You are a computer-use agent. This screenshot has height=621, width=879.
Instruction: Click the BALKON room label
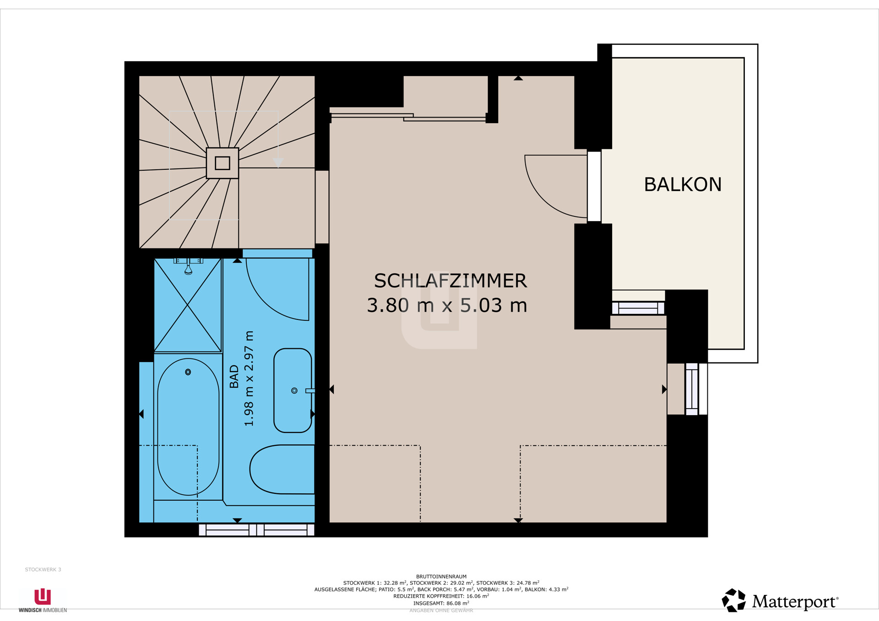[x=683, y=184]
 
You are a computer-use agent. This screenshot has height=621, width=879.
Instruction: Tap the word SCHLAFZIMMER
[x=450, y=281]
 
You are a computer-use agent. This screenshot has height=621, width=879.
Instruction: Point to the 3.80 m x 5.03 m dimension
[x=447, y=305]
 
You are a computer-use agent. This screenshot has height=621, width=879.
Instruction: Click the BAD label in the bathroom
[x=234, y=377]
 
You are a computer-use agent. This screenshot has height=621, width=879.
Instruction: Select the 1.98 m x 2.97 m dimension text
[x=249, y=378]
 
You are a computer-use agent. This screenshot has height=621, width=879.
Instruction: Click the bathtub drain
[x=188, y=372]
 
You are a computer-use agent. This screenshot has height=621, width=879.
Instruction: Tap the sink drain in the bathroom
[x=294, y=390]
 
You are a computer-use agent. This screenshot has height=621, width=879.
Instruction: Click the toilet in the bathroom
[x=282, y=470]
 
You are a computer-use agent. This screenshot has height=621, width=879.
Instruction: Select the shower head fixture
[x=188, y=267]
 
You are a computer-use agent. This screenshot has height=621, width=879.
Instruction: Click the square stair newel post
[x=222, y=163]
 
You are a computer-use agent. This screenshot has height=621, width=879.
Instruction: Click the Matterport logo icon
[x=733, y=600]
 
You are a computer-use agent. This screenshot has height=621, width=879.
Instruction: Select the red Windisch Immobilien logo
[x=43, y=597]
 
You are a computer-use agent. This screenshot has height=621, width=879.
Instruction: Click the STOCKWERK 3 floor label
[x=43, y=570]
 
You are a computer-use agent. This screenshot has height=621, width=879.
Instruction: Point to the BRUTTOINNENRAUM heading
[x=441, y=577]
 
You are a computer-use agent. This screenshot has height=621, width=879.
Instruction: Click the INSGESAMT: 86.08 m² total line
[x=441, y=603]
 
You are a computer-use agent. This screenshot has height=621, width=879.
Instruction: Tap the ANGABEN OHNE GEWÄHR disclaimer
[x=441, y=610]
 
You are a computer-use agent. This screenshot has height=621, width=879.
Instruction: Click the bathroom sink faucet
[x=310, y=391]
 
